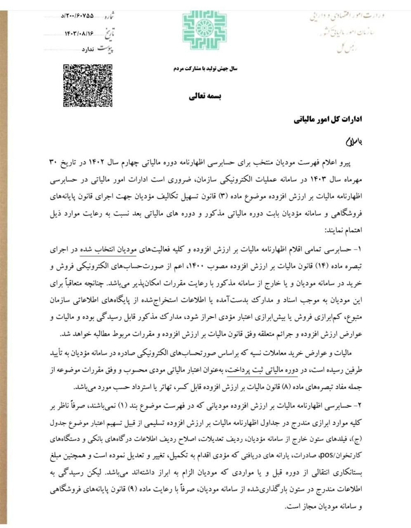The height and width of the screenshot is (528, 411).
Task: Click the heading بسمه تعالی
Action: click(x=205, y=97)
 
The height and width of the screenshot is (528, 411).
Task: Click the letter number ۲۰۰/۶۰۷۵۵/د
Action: click(x=77, y=16)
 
